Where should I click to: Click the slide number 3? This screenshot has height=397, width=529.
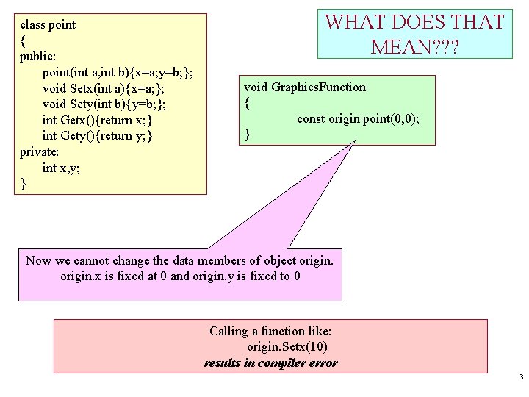point(520,378)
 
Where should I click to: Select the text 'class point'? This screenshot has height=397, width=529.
point(48,24)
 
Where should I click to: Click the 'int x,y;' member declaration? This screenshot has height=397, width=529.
point(62,168)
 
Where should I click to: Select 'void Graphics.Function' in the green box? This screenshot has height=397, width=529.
point(305,87)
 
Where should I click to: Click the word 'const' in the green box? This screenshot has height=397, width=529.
point(312,118)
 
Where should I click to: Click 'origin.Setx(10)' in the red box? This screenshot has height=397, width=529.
point(287,347)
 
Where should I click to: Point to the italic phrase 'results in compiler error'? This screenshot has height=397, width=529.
point(270,362)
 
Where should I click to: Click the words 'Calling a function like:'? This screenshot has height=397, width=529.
point(270,331)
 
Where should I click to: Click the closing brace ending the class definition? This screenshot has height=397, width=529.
point(24,184)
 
